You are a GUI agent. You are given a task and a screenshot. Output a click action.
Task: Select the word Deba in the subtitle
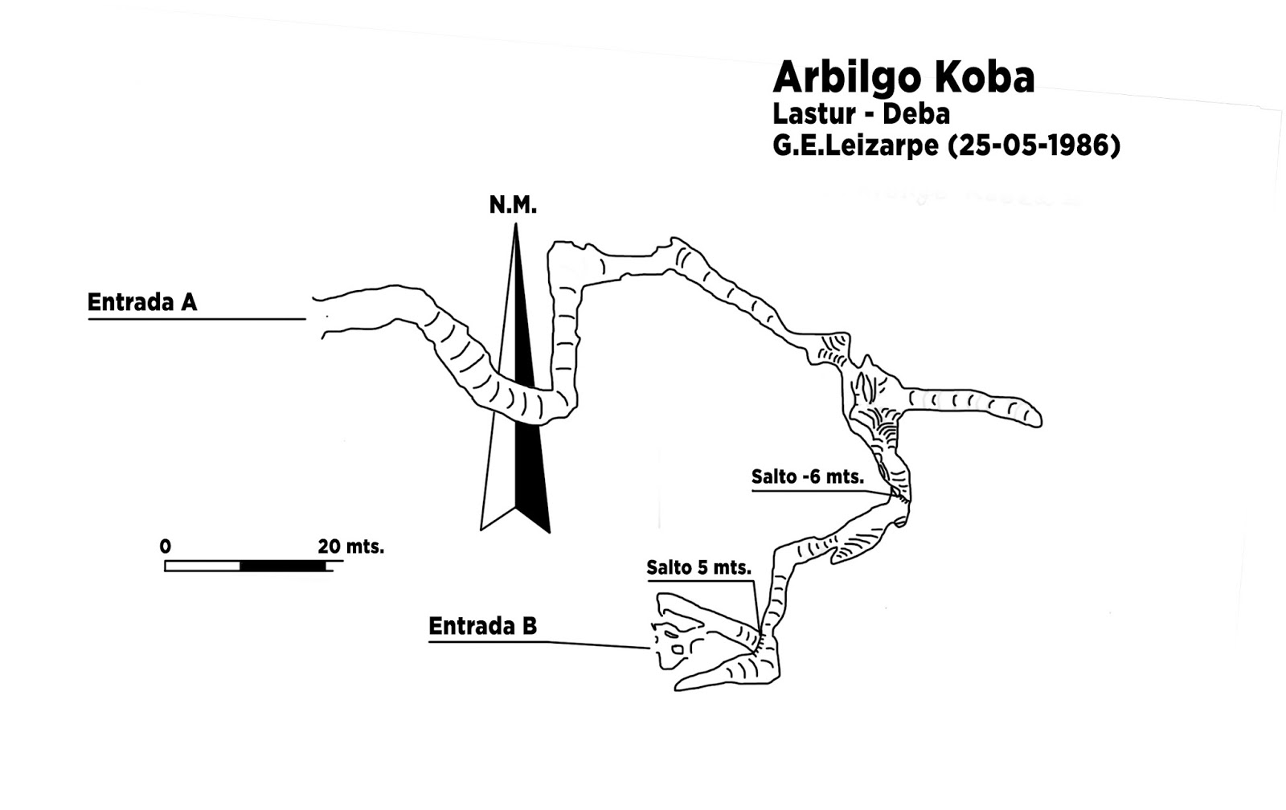916,114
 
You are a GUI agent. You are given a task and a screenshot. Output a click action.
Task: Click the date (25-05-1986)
1034,146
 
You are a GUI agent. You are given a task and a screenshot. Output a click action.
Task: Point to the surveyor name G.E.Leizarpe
855,146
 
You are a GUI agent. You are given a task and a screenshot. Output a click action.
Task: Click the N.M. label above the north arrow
513,206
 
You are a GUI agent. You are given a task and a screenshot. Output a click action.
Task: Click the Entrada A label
142,303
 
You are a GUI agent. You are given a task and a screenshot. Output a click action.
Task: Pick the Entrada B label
482,626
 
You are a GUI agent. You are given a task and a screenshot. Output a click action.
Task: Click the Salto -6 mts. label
807,477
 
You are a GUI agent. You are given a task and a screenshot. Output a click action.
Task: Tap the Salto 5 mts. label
698,568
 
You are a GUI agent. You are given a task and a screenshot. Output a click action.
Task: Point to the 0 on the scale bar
166,547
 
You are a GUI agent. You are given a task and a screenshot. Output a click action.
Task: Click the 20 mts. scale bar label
350,547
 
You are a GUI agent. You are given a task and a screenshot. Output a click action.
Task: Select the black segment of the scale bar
283,566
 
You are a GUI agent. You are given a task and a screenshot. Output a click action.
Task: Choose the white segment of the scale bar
203,566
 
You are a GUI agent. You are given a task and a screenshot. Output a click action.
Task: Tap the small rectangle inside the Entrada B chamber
678,648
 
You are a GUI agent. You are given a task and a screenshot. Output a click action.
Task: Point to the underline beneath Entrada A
196,319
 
